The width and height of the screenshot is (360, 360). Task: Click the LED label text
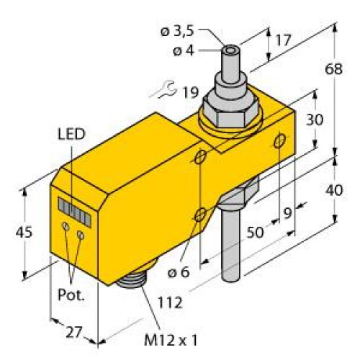[x=71, y=133]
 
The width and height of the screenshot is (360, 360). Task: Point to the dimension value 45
[x=24, y=232]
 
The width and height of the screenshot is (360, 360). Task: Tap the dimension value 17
[x=282, y=41]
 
